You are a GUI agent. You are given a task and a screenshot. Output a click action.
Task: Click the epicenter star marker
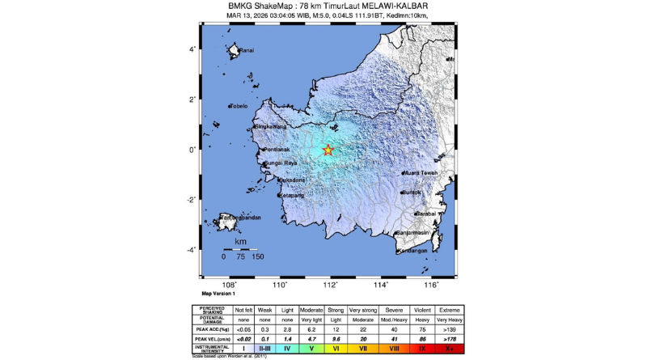point(328,150)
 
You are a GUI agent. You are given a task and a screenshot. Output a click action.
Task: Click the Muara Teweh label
point(420,172)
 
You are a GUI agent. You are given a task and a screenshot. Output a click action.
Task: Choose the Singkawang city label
point(273,127)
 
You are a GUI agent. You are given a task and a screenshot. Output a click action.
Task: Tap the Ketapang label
point(291,195)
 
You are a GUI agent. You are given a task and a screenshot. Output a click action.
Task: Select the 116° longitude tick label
point(430,285)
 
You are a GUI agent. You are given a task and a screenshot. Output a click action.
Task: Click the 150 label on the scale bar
point(257,256)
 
